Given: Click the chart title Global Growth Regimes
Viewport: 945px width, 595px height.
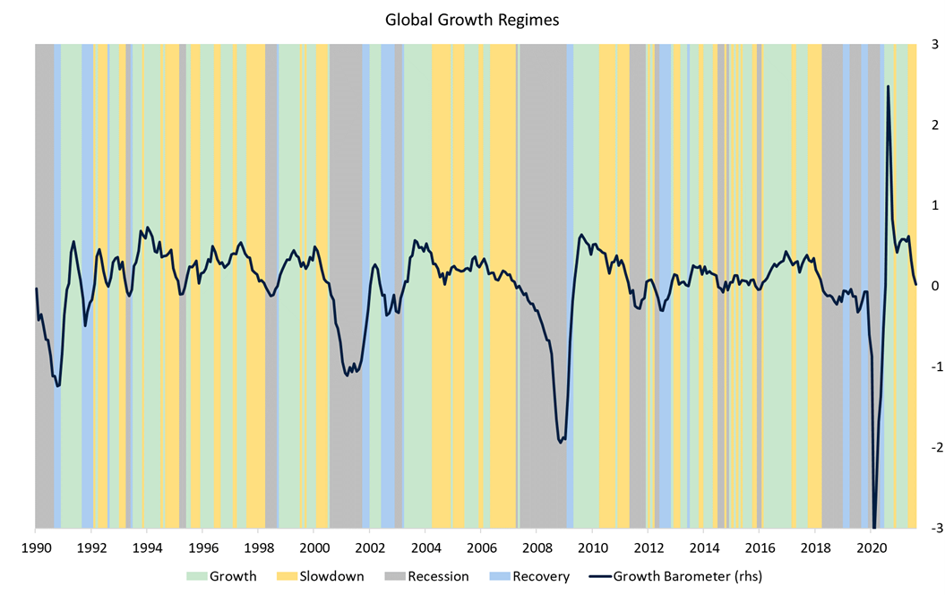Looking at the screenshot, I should point(472,20).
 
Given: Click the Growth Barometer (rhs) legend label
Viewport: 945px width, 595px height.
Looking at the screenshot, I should point(687,576).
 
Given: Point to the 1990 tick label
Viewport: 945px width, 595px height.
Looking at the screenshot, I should point(36,548).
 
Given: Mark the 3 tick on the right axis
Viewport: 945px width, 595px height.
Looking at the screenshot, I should point(934,44).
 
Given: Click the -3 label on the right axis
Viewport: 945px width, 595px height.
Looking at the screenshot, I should point(932,529).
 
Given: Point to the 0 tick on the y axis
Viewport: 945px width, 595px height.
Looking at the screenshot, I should point(934,286).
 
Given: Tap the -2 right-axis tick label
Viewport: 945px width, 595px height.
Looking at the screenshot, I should point(932,448).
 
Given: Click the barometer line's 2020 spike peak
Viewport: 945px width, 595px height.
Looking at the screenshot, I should point(888,87).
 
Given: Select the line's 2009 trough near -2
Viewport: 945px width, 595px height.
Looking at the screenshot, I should point(561,442).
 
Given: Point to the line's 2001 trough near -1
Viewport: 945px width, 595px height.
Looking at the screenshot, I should point(347,375).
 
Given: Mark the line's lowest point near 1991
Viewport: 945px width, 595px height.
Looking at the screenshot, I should point(57,385).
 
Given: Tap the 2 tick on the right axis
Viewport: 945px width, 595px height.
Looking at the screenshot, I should point(934,125).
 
